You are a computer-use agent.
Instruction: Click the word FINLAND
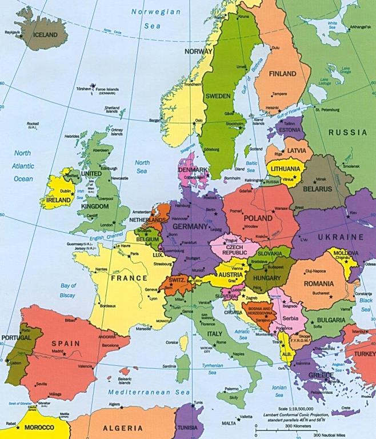pos(282,74)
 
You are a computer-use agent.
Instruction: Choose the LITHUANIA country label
pos(286,169)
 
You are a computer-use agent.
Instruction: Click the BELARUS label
pos(318,189)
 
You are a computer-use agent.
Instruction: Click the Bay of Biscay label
pos(68,290)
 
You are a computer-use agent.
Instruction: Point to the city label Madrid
pos(57,351)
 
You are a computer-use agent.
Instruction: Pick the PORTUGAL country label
pos(15,337)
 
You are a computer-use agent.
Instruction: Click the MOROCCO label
pos(38,428)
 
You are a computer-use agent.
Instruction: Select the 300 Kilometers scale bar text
pos(295,426)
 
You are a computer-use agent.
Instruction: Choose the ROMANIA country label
pos(319,284)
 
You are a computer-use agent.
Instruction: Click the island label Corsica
pos(172,342)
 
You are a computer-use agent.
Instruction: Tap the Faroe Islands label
pos(107,90)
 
